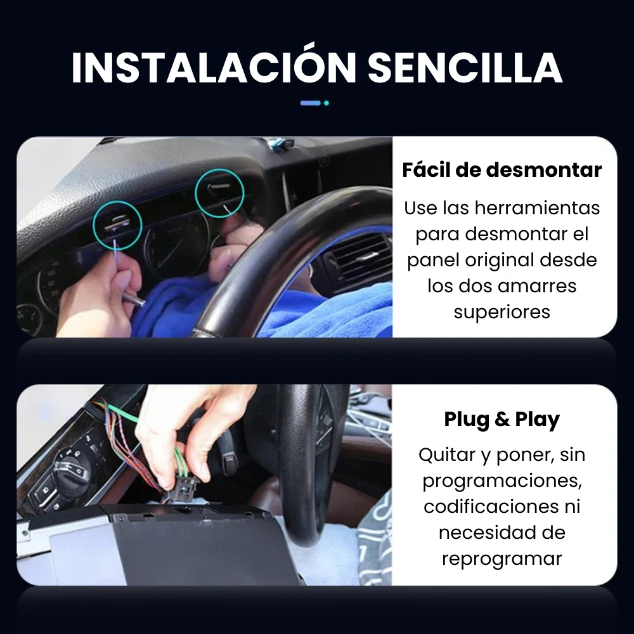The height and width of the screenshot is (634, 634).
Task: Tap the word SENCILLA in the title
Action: tap(465, 68)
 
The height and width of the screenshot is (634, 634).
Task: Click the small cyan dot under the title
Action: tap(327, 103)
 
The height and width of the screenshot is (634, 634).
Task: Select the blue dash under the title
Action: tap(310, 103)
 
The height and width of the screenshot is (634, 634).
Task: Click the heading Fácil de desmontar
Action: tap(501, 170)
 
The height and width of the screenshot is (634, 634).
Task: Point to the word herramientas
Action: tap(538, 208)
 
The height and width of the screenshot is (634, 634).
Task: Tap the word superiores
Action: tap(501, 313)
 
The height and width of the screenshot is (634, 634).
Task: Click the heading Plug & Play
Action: tap(501, 419)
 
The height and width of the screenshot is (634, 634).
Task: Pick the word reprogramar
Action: tap(501, 559)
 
